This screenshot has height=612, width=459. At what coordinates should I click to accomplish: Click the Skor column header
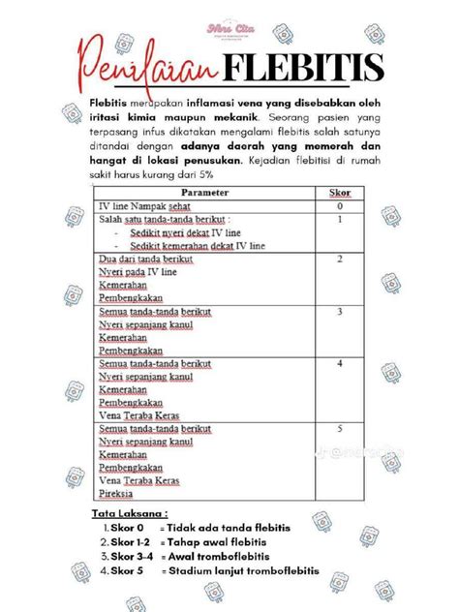coord(338,193)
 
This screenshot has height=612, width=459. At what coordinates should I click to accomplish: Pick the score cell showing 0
coord(339,206)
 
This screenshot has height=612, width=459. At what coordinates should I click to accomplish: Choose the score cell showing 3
coord(339,313)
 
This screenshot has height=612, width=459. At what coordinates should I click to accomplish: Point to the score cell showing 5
coord(339,427)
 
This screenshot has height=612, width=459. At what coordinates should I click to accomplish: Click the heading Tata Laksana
coord(130,512)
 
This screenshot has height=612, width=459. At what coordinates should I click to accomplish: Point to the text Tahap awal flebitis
coord(216,542)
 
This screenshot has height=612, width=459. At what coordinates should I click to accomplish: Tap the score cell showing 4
coord(339,363)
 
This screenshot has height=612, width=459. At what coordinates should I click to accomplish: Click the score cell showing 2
coord(339,260)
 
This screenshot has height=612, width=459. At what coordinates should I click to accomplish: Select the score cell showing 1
coord(339,220)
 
